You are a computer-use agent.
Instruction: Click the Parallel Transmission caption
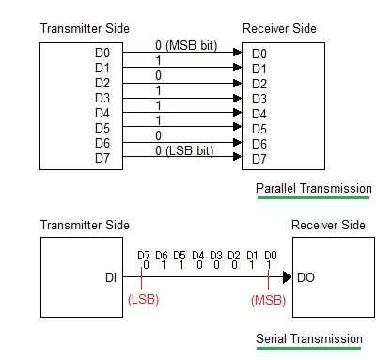(x=313, y=188)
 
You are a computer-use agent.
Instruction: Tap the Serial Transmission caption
(x=309, y=338)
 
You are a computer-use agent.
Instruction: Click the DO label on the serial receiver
(x=306, y=278)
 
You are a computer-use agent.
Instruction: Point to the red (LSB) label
(x=143, y=300)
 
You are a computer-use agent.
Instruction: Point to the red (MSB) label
(x=269, y=300)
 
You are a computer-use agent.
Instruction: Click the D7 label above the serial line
(x=143, y=254)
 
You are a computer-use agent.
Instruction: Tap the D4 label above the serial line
(x=197, y=254)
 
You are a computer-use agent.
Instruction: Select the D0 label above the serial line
(x=270, y=254)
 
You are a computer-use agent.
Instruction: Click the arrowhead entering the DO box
(x=288, y=278)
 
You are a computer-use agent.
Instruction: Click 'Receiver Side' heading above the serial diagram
(x=328, y=226)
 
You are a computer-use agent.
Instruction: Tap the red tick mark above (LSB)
(x=143, y=278)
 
